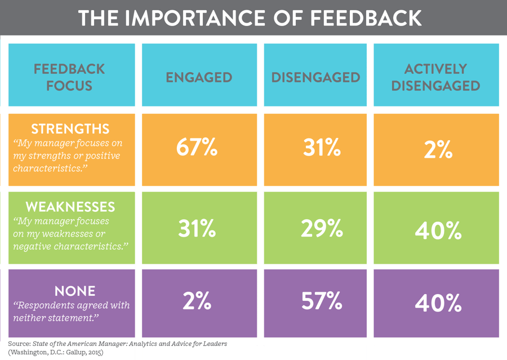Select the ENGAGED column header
pyautogui.click(x=199, y=77)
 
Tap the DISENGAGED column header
pyautogui.click(x=315, y=77)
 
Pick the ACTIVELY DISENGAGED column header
pyautogui.click(x=435, y=77)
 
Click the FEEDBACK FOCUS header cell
pyautogui.click(x=69, y=77)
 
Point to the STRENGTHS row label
pyautogui.click(x=70, y=129)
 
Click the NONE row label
pyautogui.click(x=75, y=291)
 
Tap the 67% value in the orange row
pyautogui.click(x=197, y=149)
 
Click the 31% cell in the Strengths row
pyautogui.click(x=322, y=149)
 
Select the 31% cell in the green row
pyautogui.click(x=197, y=228)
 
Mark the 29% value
pyautogui.click(x=322, y=228)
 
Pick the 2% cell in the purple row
pyautogui.click(x=197, y=301)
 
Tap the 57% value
pyautogui.click(x=322, y=301)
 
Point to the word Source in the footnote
pyautogui.click(x=19, y=343)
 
